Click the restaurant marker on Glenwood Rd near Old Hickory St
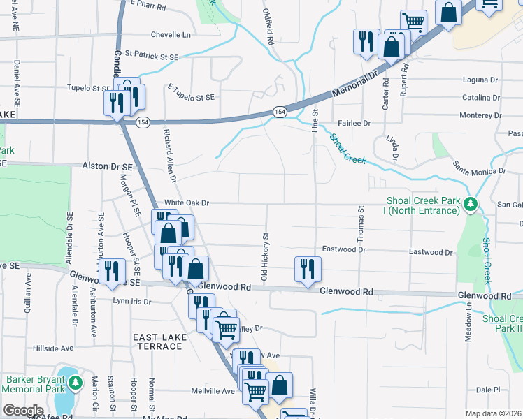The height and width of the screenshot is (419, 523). (308, 269)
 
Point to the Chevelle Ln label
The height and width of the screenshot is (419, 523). (171, 34)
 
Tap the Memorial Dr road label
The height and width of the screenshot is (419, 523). (355, 81)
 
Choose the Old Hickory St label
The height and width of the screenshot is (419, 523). (266, 257)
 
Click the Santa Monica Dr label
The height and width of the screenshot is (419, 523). (479, 168)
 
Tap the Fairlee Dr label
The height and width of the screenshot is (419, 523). (354, 123)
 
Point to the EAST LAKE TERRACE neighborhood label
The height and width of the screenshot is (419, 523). (158, 341)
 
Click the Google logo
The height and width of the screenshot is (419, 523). (22, 410)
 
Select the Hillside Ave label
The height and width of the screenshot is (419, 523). (53, 348)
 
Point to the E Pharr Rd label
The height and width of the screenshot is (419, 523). (148, 6)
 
